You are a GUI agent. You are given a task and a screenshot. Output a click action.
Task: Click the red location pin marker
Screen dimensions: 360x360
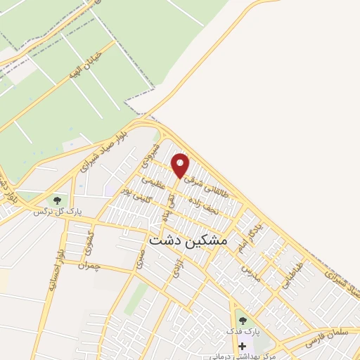[181, 165]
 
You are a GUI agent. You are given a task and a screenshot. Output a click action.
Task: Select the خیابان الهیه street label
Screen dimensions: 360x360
[85, 68]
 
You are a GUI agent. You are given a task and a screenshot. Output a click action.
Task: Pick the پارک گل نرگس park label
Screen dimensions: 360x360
[52, 210]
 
